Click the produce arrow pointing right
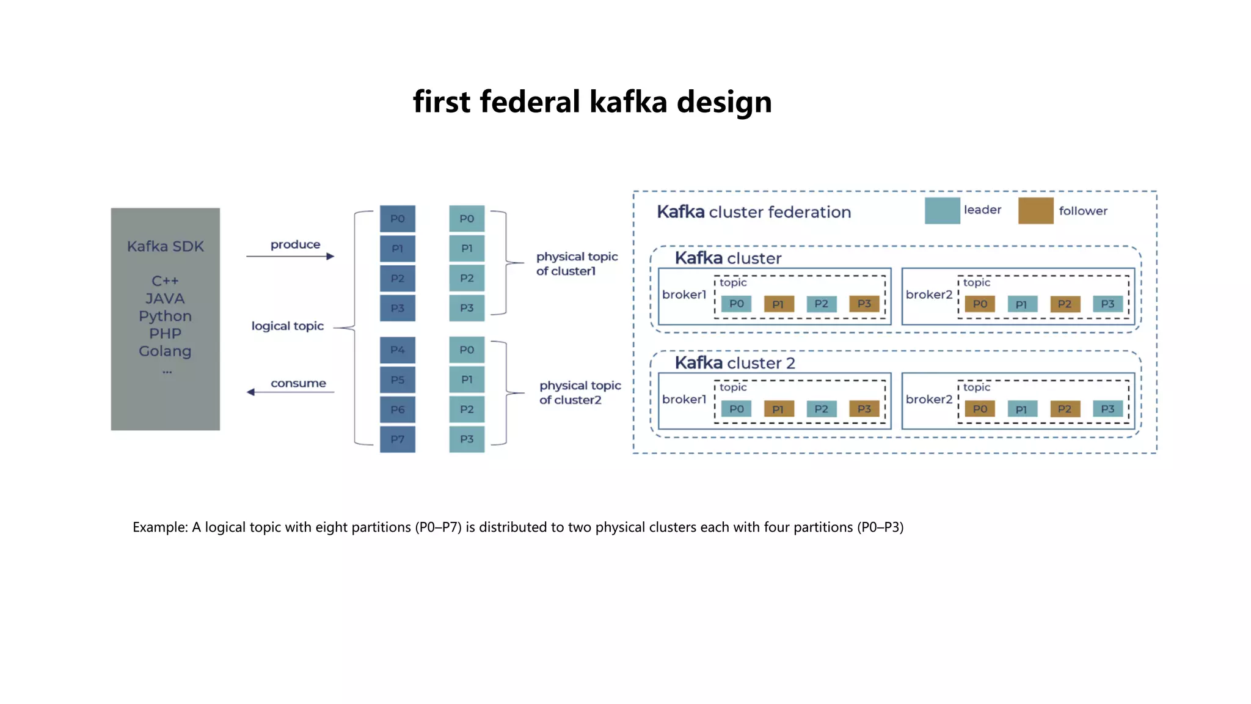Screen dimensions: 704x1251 [x=290, y=256]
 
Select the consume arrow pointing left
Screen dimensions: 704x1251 [x=290, y=392]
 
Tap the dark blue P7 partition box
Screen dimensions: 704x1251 [x=397, y=439]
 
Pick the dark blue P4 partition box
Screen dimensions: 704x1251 [x=397, y=350]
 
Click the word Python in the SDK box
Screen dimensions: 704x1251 [x=165, y=316]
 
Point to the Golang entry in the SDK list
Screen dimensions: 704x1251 [x=165, y=351]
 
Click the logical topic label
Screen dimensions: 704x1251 [x=287, y=326]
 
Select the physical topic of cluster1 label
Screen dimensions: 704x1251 [x=577, y=263]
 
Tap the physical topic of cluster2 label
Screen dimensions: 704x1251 [x=580, y=392]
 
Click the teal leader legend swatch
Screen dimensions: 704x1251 [x=942, y=211]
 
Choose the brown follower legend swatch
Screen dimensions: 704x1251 [x=1035, y=211]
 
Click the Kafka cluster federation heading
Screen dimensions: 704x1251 [x=753, y=212]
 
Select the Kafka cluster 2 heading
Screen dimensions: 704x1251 [x=734, y=363]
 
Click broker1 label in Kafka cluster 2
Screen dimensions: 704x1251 [x=684, y=399]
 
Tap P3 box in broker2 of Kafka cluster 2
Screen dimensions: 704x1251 [x=1107, y=409]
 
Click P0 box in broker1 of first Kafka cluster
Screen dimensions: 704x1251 [x=736, y=304]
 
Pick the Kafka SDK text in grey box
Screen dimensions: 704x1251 [x=165, y=246]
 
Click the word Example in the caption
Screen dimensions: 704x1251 [x=159, y=527]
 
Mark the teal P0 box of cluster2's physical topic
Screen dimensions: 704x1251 [x=467, y=350]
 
